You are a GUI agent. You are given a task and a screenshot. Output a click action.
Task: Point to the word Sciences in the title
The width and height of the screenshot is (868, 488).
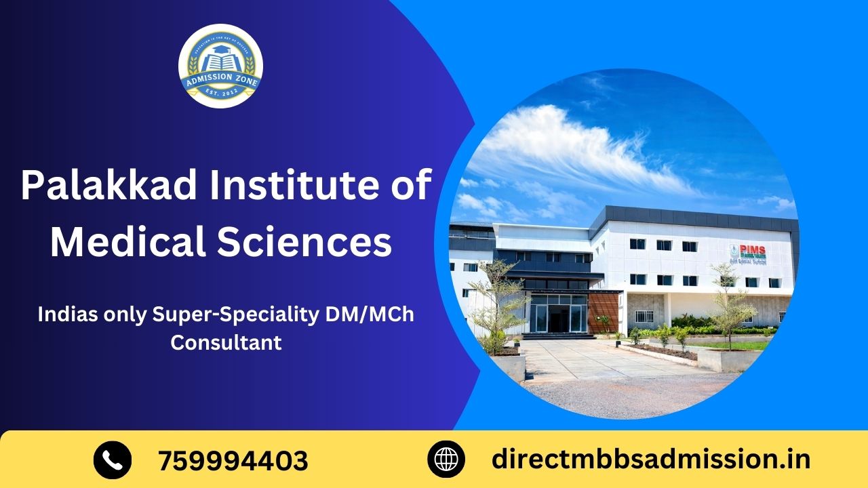304,243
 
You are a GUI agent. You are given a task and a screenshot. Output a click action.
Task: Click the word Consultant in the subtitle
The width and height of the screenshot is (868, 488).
226,342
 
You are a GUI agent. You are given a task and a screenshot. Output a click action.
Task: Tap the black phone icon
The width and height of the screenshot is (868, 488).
112,460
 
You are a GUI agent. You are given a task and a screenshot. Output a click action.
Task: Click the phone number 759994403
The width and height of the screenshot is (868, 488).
233,461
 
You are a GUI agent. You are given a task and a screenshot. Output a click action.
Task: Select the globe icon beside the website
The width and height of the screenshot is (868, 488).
446,460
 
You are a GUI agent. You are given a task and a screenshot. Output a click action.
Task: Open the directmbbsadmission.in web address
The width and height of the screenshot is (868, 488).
650,460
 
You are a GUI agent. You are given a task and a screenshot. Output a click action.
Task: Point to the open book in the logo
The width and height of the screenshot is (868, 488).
220,62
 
